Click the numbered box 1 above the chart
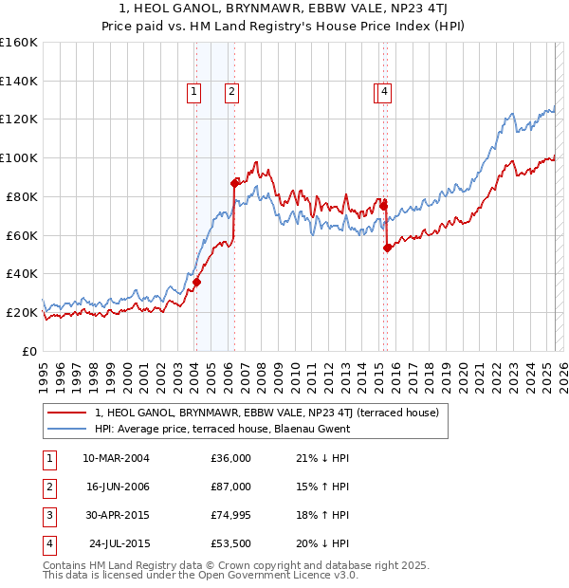click(x=193, y=92)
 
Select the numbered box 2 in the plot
click(x=230, y=92)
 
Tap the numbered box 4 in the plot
click(x=386, y=92)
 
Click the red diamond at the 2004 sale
click(x=196, y=282)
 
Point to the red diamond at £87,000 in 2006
click(x=234, y=182)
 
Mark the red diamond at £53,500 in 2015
click(x=387, y=248)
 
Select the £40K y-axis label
click(x=22, y=273)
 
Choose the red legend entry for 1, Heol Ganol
click(x=266, y=413)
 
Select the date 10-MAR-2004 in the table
click(x=116, y=458)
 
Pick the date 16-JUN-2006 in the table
click(x=116, y=487)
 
